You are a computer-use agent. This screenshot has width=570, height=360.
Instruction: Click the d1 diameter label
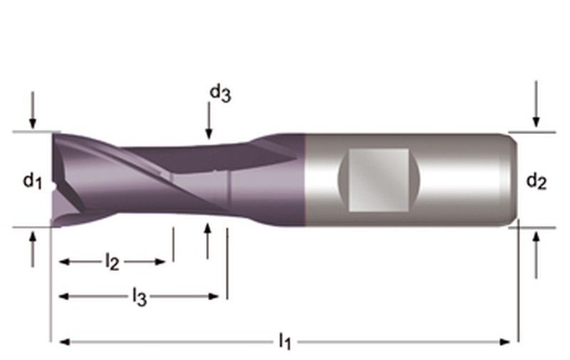coord(32,181)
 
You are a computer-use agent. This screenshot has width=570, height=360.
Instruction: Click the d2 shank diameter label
coord(536,182)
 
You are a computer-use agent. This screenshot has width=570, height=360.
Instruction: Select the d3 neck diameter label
coord(219,93)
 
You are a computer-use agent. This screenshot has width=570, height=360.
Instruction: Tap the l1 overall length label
coord(284,343)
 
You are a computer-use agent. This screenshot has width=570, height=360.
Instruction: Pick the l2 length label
coord(112,262)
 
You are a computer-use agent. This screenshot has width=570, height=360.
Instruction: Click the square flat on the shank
coord(379,180)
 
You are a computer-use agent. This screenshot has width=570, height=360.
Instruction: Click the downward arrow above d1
coord(32,111)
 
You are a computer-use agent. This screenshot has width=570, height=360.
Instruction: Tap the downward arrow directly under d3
coord(208,121)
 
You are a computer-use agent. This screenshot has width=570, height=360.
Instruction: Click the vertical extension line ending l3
coord(227,264)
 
